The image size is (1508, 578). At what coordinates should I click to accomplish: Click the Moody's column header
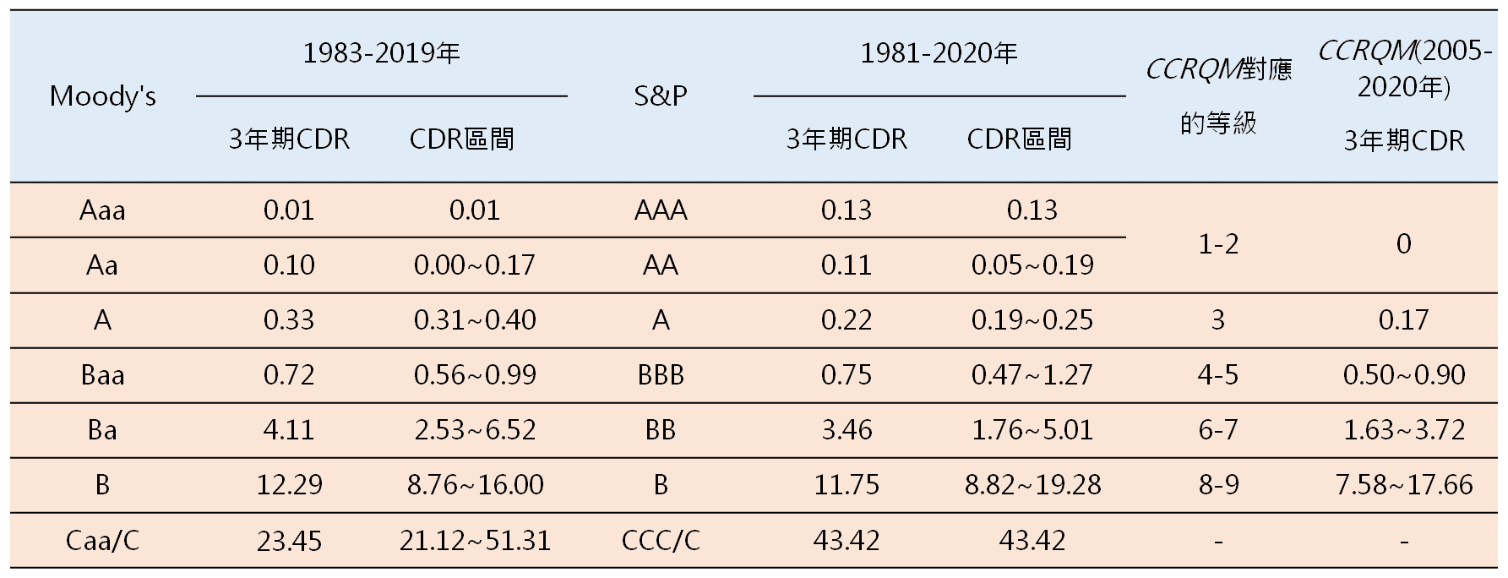click(x=102, y=96)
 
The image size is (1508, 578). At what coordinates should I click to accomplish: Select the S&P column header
click(x=661, y=96)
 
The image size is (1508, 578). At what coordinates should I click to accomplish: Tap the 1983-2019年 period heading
click(x=381, y=54)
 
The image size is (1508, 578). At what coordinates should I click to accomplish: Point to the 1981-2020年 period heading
click(x=939, y=54)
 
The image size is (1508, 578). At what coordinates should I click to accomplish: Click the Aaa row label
click(x=102, y=210)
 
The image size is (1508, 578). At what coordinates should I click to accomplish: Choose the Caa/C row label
click(x=102, y=540)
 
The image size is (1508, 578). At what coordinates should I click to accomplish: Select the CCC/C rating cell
click(x=661, y=540)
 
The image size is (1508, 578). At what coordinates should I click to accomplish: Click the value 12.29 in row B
click(x=289, y=485)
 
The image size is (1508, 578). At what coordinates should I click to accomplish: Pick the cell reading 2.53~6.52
click(x=475, y=430)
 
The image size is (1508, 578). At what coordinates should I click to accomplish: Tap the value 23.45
click(x=289, y=540)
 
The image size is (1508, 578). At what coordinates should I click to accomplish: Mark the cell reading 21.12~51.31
click(x=475, y=540)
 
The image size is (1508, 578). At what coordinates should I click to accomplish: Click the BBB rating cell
click(x=661, y=375)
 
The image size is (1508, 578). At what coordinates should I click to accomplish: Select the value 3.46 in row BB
click(x=846, y=430)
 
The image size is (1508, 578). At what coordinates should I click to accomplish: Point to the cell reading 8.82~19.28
click(x=1032, y=485)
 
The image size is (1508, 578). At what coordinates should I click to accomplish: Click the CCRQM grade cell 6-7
click(x=1217, y=430)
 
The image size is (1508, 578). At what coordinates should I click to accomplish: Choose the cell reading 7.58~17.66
click(x=1403, y=485)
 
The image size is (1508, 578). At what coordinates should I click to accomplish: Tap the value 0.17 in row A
click(x=1403, y=320)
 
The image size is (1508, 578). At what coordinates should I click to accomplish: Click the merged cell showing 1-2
click(x=1217, y=244)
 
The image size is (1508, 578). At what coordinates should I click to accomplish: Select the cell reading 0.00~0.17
click(x=475, y=265)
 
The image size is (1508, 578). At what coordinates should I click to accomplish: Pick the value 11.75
click(x=846, y=485)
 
